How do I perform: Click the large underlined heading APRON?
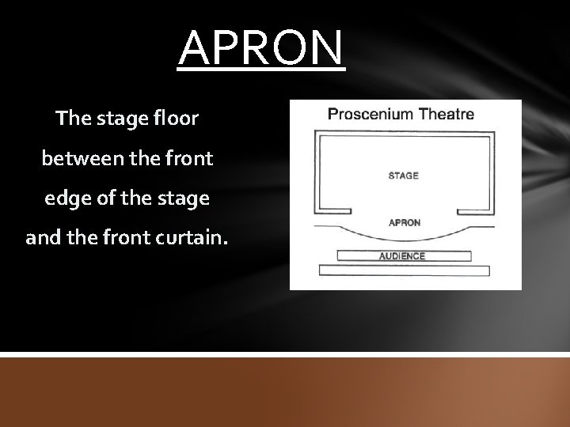tap(261, 48)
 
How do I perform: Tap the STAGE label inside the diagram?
tap(404, 176)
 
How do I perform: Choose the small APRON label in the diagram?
tap(404, 222)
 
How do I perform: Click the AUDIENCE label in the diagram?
tap(402, 255)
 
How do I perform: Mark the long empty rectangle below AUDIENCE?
tap(404, 270)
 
